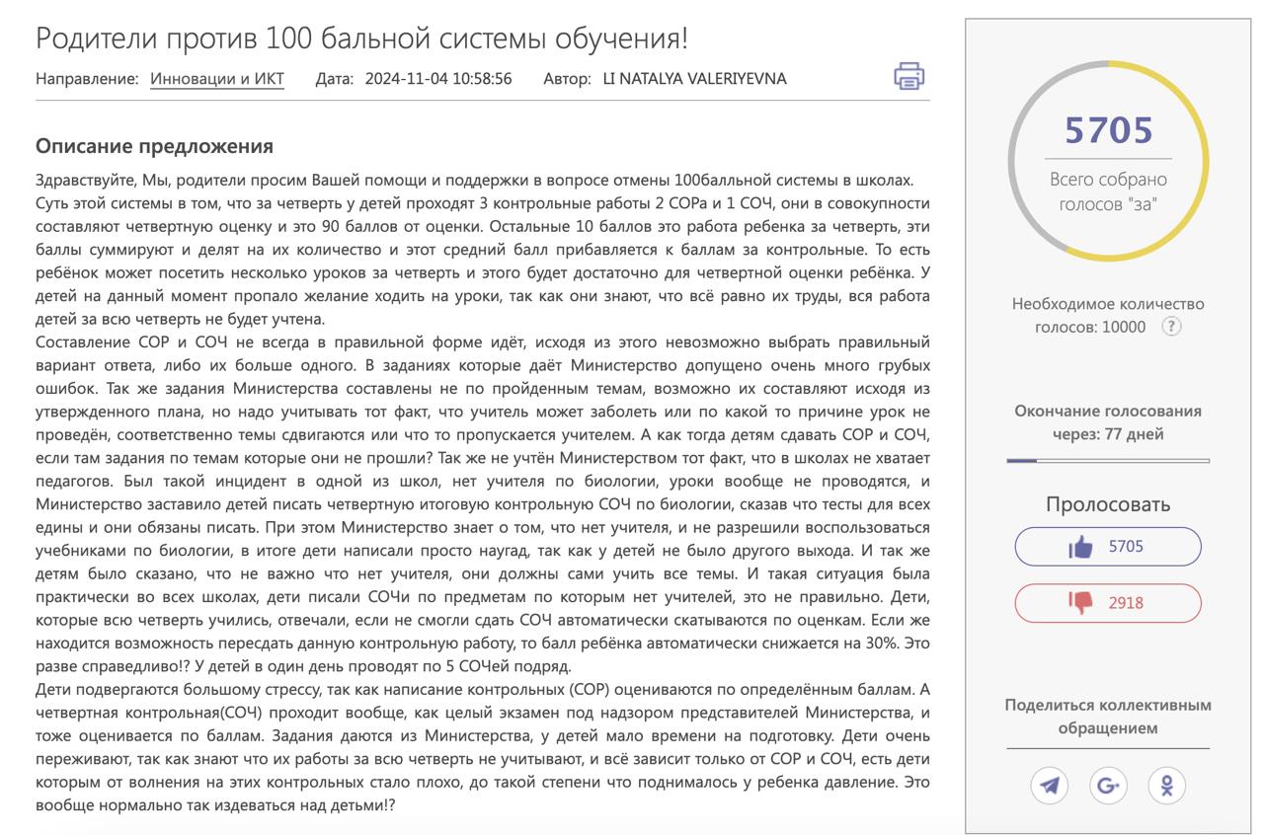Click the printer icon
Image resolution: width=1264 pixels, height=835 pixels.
pos(908,76)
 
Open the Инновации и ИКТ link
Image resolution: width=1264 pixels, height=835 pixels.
pos(217,79)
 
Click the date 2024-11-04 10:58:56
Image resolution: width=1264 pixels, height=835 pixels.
pos(438,79)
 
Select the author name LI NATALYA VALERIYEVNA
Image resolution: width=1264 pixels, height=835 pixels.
pos(694,79)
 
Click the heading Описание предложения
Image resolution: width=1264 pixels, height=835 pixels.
pos(154,146)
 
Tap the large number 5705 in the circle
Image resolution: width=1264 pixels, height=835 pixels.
pos(1108,130)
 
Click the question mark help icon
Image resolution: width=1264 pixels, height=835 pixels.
pos(1171,327)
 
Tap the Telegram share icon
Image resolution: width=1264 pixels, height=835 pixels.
pos(1050,786)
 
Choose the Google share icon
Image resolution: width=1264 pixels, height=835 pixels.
pos(1108,786)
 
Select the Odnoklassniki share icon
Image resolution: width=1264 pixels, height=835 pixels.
pos(1167,786)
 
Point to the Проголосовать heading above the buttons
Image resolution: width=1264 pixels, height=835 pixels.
pos(1108,504)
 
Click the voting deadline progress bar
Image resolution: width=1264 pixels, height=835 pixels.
pos(1108,460)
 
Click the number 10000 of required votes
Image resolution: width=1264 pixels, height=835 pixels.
pos(1124,327)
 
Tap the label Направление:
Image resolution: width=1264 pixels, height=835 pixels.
pos(87,79)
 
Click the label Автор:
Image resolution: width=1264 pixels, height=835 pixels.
pos(567,79)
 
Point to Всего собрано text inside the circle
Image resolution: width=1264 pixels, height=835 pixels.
pos(1108,180)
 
